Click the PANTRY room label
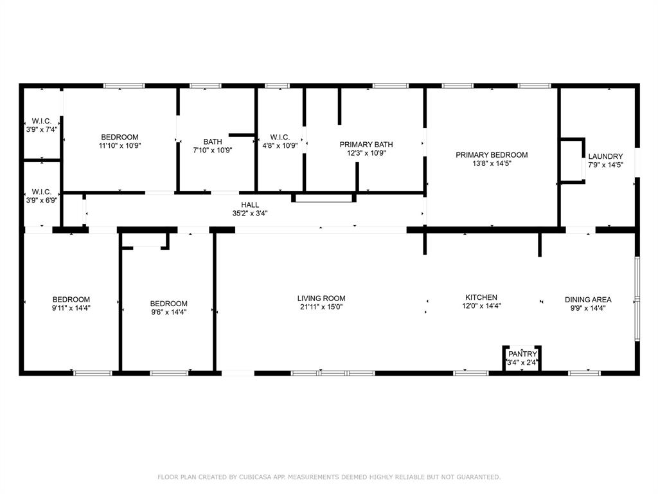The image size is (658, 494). (522, 354)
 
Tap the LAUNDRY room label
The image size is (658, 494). (605, 156)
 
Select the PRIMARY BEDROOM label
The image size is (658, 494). (492, 155)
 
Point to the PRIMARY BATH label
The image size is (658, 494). (366, 145)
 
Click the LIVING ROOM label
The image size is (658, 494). (321, 298)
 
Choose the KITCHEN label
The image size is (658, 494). (481, 297)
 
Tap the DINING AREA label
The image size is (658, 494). (588, 300)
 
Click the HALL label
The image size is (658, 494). (250, 205)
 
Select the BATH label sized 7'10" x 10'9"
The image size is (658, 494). (213, 142)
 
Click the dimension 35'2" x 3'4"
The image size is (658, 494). (250, 213)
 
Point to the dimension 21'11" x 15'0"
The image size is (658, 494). (321, 307)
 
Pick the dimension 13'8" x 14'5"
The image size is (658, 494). (492, 163)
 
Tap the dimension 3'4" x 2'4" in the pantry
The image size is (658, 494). (522, 363)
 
